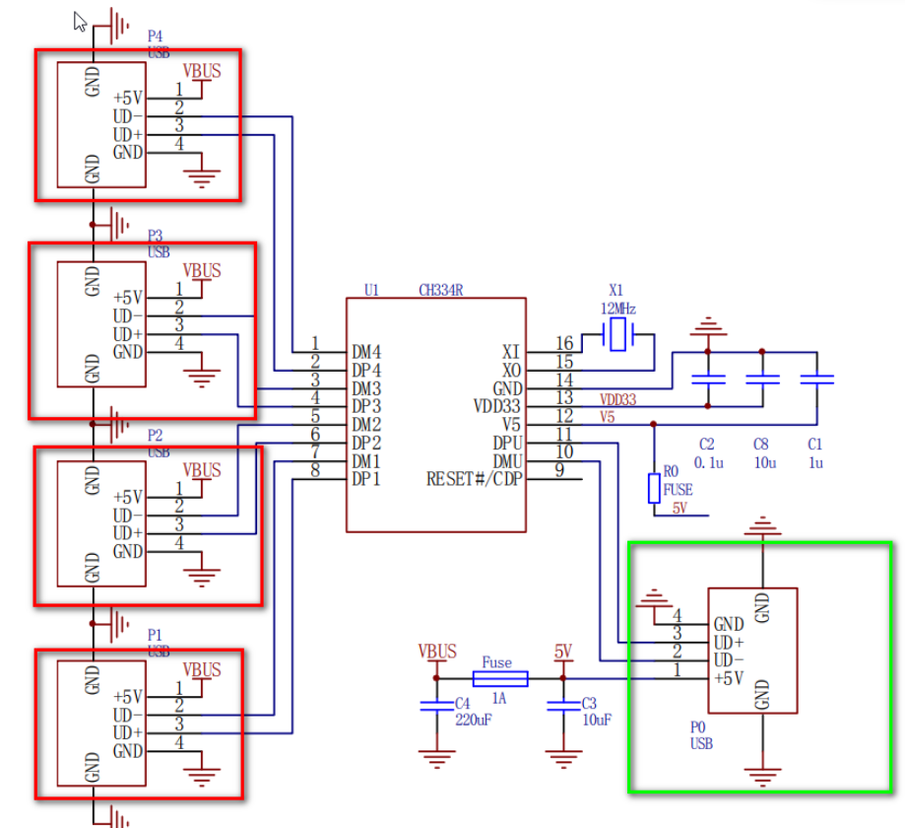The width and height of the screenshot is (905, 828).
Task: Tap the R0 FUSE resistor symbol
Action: tap(653, 488)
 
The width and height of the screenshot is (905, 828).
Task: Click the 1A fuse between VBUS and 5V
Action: tap(500, 678)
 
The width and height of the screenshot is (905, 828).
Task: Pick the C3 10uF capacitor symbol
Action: tap(562, 705)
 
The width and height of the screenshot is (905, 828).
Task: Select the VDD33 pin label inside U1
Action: tap(496, 406)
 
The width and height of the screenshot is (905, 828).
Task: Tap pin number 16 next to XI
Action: tap(564, 343)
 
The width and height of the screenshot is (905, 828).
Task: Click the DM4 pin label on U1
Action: tap(366, 352)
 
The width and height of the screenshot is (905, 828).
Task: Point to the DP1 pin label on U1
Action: tap(366, 479)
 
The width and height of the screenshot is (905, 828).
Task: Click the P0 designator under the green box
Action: tap(698, 726)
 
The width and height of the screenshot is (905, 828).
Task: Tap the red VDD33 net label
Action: tap(618, 399)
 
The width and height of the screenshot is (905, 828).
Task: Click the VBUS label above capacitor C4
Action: tap(437, 652)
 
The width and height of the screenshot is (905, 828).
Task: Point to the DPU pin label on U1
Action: tap(508, 443)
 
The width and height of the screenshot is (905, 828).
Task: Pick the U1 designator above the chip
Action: tap(371, 290)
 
